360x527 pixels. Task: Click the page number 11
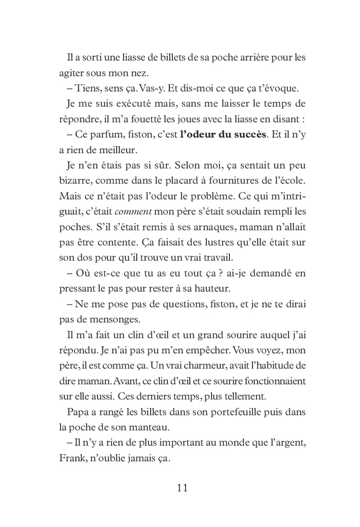click(180, 488)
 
